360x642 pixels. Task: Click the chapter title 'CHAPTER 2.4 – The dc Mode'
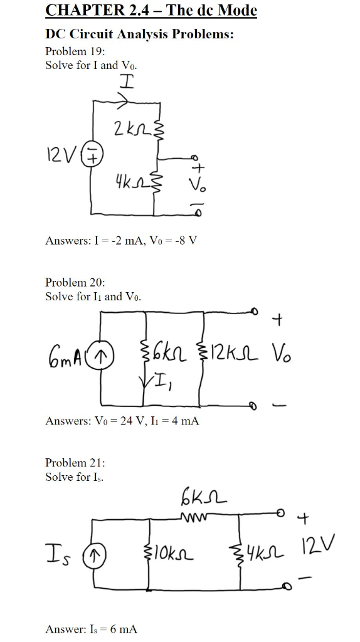pos(151,11)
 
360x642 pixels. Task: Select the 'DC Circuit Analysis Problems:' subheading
pos(139,34)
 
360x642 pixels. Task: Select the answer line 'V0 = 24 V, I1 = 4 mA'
pos(122,421)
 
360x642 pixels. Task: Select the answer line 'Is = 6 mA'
pos(92,628)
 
